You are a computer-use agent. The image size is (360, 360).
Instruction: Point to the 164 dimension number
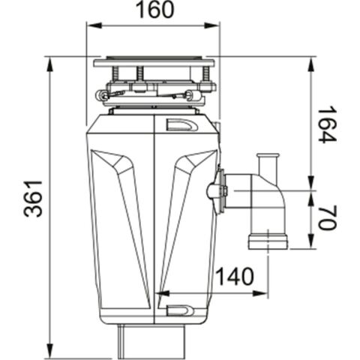pos(326,124)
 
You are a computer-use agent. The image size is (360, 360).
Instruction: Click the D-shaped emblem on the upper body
pos(181,126)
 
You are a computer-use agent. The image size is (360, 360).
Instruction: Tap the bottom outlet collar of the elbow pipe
pos(267,241)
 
